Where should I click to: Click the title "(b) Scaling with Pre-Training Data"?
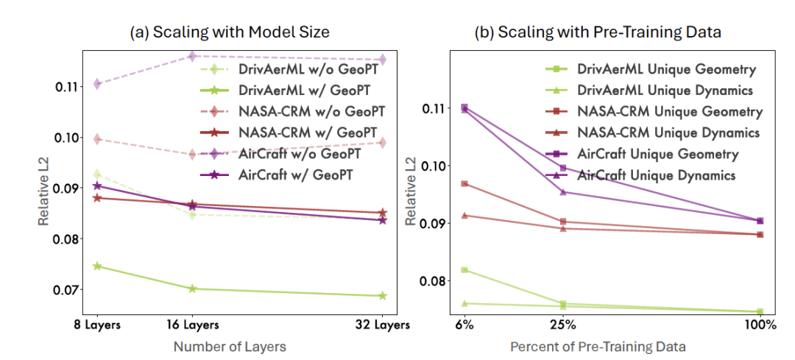(x=607, y=32)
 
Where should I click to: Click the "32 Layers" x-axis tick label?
(x=383, y=325)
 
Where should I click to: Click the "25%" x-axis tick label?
(x=562, y=325)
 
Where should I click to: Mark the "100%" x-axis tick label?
(x=760, y=325)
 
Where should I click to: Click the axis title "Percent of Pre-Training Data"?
(x=607, y=346)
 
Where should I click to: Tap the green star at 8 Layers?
(x=97, y=266)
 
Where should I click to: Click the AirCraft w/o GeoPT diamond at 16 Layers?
(x=192, y=56)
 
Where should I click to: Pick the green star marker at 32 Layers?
(x=382, y=296)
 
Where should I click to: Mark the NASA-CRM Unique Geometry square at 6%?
(x=464, y=183)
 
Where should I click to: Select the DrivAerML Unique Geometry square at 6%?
(x=464, y=270)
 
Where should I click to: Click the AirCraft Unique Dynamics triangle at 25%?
(x=562, y=192)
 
